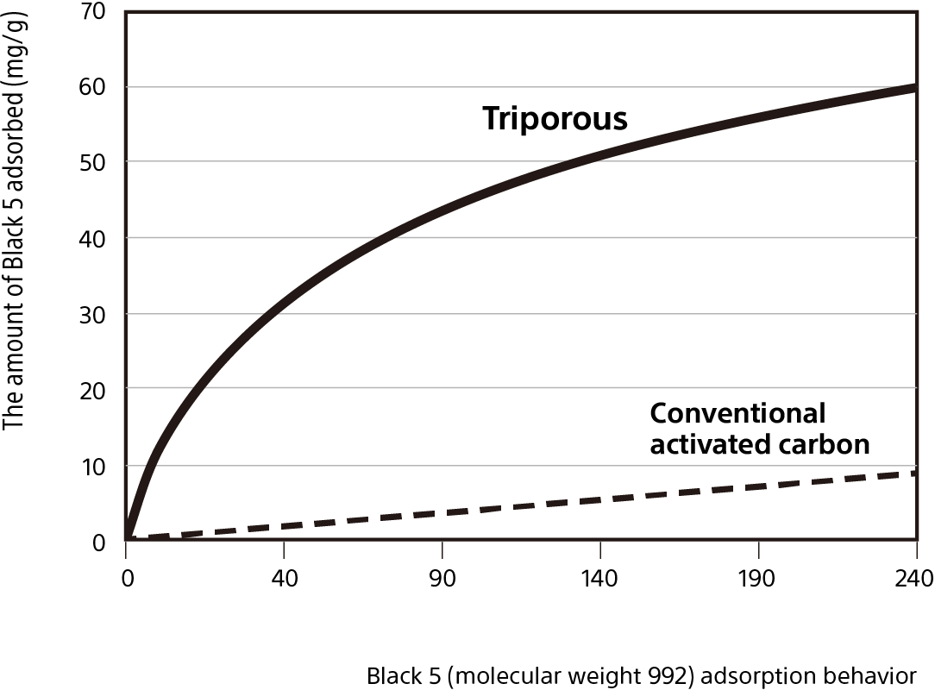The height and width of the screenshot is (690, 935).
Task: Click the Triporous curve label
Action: [555, 118]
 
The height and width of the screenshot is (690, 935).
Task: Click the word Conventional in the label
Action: [737, 414]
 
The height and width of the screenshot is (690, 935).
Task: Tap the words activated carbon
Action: [759, 444]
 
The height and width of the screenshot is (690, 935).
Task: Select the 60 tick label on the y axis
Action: [95, 87]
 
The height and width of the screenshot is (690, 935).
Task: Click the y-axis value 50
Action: [95, 162]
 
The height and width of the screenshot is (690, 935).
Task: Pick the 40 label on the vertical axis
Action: [95, 238]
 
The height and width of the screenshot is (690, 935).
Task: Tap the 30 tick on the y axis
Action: [95, 314]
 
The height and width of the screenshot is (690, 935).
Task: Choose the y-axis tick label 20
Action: [95, 390]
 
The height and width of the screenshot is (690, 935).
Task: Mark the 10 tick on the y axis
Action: [95, 467]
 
